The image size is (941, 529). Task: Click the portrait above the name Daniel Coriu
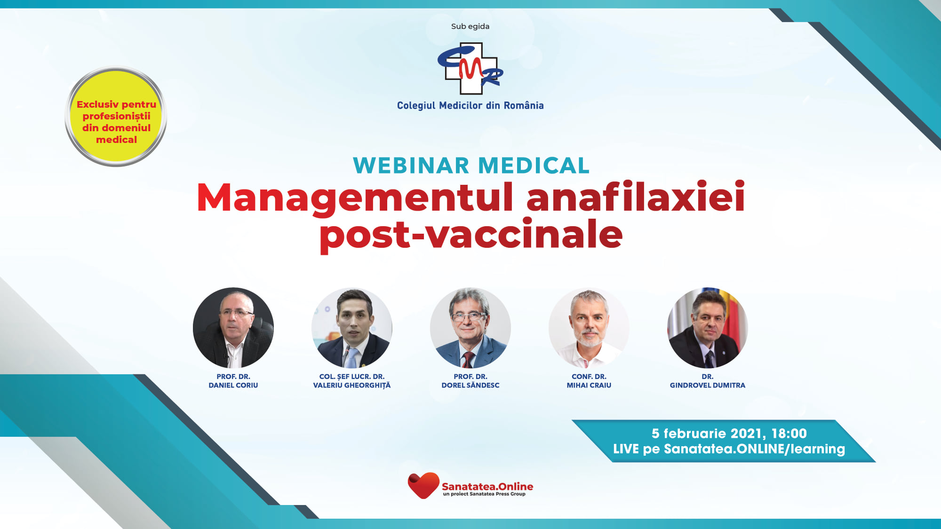(233, 328)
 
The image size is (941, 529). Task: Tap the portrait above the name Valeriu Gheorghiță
(352, 328)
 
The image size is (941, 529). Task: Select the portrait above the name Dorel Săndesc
(470, 328)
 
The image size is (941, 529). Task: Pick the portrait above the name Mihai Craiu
(589, 328)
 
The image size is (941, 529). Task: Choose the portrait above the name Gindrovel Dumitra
(708, 328)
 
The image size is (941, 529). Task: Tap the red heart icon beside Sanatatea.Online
(423, 485)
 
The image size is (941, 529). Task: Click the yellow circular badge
(116, 117)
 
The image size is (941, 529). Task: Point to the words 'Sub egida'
(470, 26)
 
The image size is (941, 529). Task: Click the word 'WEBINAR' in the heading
(411, 166)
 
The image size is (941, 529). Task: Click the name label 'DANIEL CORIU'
(233, 385)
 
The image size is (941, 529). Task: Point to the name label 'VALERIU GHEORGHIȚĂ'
(352, 385)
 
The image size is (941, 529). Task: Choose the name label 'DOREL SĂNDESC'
(470, 385)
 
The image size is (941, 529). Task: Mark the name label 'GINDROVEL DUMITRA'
(708, 385)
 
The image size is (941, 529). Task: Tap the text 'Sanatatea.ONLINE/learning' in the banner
(754, 449)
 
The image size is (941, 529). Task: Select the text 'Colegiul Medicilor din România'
(470, 106)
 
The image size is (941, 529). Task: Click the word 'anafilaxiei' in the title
(636, 197)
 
